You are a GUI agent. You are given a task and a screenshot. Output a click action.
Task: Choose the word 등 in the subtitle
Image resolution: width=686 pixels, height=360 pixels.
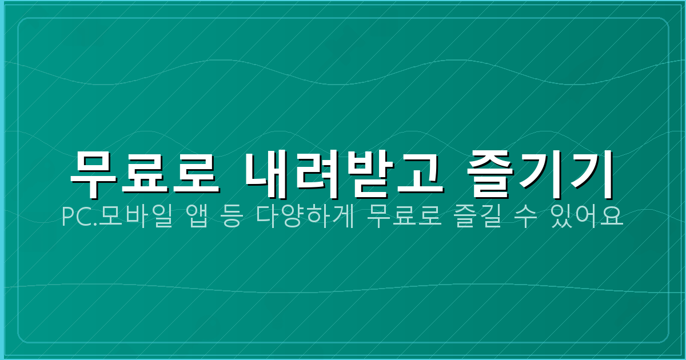(x=230, y=218)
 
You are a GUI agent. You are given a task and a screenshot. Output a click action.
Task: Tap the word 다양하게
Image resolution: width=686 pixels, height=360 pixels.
(x=306, y=218)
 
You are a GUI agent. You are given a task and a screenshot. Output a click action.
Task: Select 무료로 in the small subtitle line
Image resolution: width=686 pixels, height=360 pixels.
(x=405, y=218)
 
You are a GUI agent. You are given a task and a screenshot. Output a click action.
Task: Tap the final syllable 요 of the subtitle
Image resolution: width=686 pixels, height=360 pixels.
(x=613, y=218)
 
